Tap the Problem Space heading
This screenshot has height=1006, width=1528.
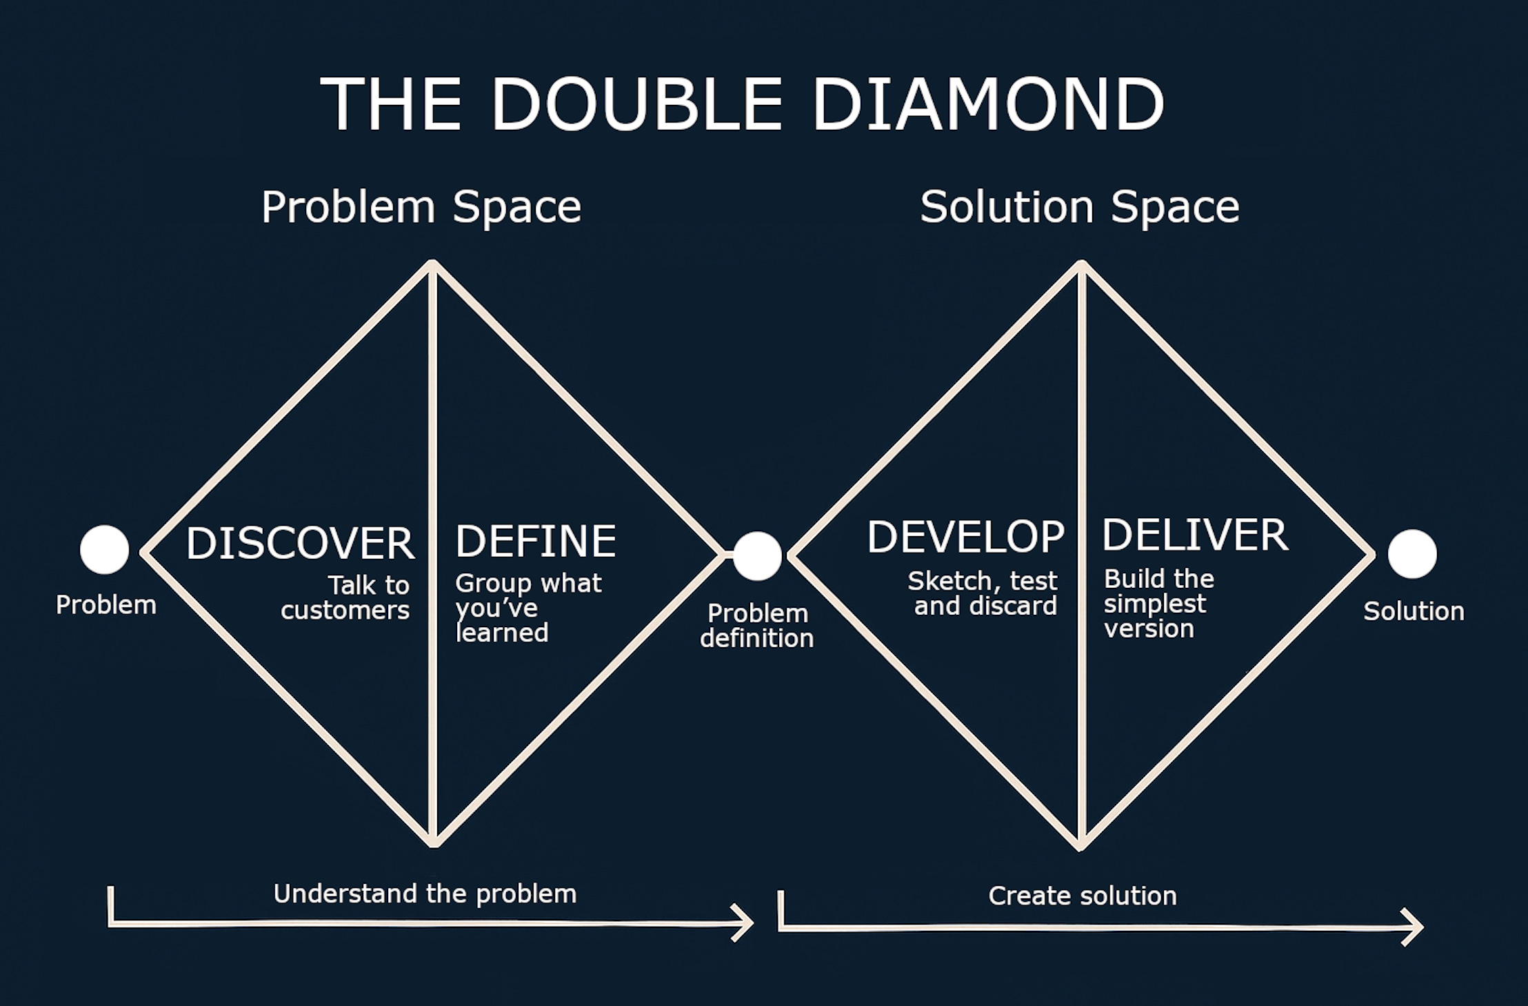[421, 206]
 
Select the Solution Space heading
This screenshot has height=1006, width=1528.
[1079, 206]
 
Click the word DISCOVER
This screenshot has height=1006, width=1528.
[300, 543]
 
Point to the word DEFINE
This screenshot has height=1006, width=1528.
[535, 541]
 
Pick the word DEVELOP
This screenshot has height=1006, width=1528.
[965, 537]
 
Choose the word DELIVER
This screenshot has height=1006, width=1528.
[1194, 535]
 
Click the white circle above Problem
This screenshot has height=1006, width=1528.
[104, 550]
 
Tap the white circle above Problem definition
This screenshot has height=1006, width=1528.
[757, 555]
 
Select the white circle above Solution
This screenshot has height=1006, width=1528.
[1411, 554]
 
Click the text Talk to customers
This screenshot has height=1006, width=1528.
[347, 598]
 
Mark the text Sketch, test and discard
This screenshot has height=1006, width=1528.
[983, 593]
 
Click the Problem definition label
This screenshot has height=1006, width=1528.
[757, 626]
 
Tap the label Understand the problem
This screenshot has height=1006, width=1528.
[425, 894]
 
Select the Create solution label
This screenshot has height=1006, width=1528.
[1082, 896]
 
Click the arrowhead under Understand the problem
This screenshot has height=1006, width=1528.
[747, 923]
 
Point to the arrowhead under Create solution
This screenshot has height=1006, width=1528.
[1415, 927]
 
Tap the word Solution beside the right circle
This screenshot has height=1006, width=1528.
[1414, 611]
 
